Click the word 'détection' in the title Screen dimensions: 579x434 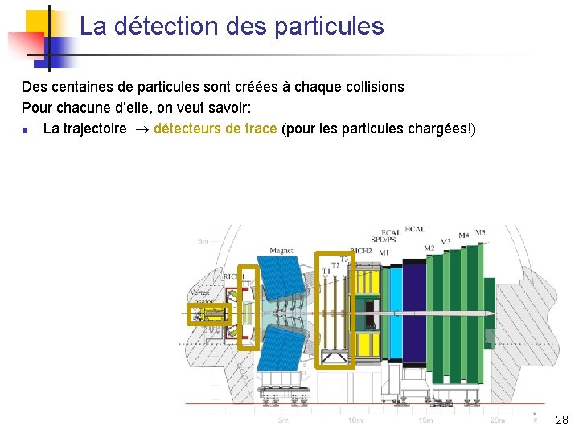click(x=166, y=27)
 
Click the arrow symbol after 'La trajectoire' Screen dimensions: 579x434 click(x=140, y=129)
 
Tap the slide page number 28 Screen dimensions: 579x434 click(x=561, y=420)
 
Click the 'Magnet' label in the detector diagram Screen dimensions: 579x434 click(x=281, y=251)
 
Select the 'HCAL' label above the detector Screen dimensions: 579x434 click(x=415, y=230)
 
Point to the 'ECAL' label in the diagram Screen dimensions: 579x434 click(x=392, y=233)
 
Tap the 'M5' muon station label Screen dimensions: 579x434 click(x=480, y=233)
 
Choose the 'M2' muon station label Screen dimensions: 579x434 click(x=429, y=247)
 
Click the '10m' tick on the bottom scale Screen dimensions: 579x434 click(x=354, y=420)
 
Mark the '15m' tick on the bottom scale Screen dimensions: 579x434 click(x=425, y=420)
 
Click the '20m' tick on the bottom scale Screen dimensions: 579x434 click(x=497, y=420)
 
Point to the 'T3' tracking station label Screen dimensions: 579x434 click(x=344, y=259)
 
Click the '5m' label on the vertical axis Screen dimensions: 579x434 click(x=203, y=240)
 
